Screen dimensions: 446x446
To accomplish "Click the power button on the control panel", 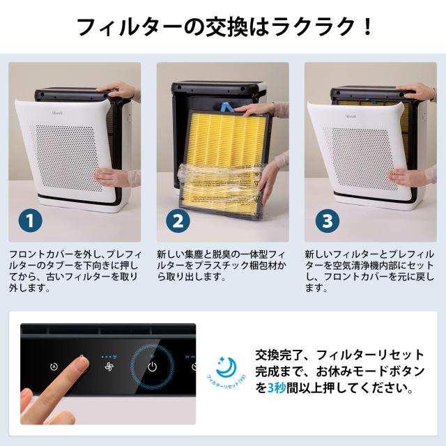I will point(153,367).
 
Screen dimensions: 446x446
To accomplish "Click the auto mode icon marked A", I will point(54,367).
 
